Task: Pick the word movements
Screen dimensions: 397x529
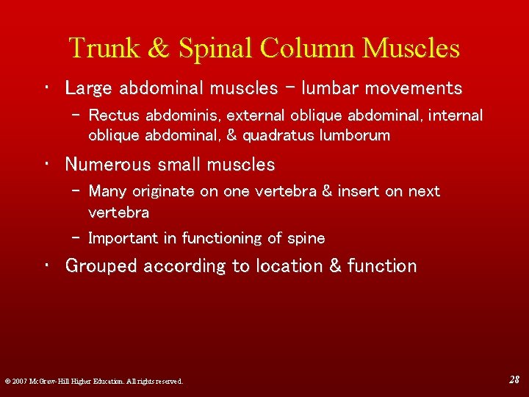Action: pos(412,89)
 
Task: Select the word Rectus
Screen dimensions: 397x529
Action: pos(115,115)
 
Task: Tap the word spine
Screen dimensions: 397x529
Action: pos(307,239)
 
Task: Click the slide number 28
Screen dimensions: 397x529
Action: pos(514,379)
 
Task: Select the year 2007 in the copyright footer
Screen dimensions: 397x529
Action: pos(19,381)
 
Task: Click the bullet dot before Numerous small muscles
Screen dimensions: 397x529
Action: pos(46,165)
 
